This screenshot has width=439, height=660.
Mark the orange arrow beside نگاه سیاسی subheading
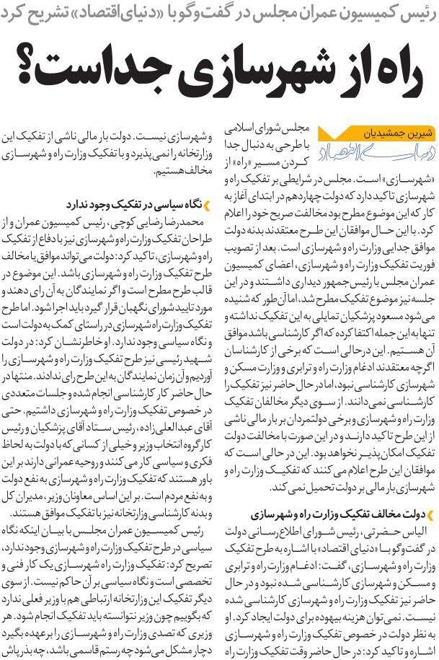[x=205, y=204]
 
